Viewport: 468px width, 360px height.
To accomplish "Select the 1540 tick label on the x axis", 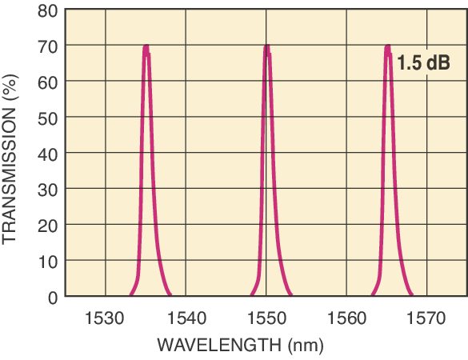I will [186, 318].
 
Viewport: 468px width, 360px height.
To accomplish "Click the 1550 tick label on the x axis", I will [266, 318].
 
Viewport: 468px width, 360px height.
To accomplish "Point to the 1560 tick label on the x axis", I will [346, 318].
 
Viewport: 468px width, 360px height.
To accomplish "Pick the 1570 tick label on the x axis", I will [426, 318].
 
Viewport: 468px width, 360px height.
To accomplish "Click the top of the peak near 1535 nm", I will [146, 46].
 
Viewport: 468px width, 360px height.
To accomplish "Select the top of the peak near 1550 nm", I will [266, 46].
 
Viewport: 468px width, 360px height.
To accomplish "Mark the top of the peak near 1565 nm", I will [387, 46].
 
